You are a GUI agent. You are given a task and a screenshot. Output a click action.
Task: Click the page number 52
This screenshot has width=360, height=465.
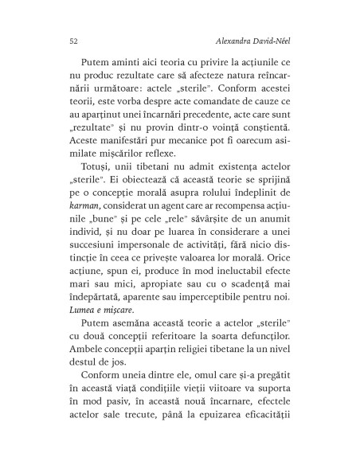[52, 41]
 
